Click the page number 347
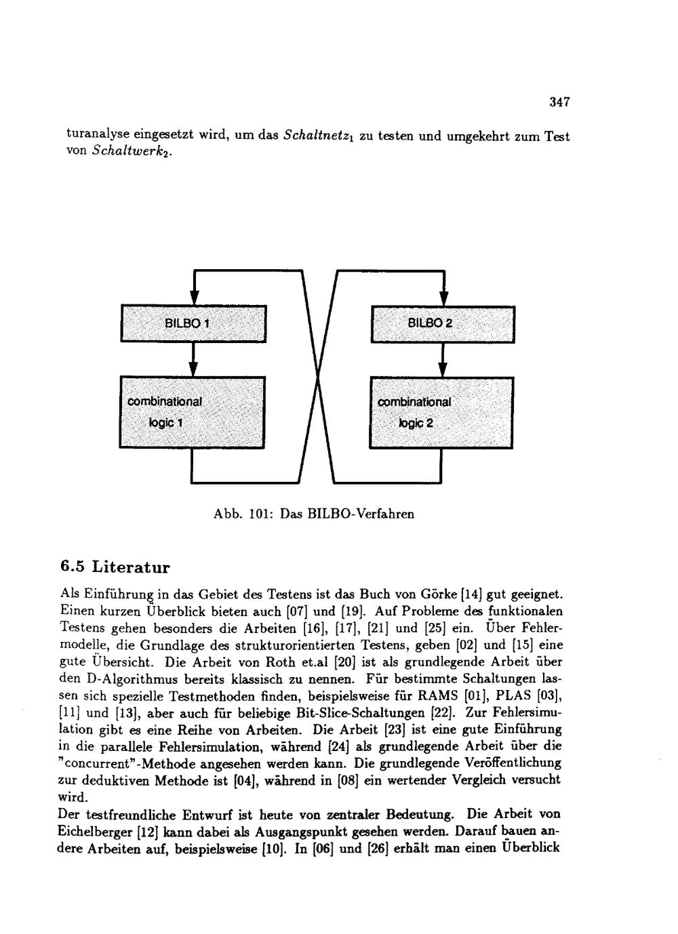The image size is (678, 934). pyautogui.click(x=559, y=102)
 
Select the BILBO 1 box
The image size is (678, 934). pyautogui.click(x=193, y=324)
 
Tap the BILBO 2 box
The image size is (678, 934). pyautogui.click(x=442, y=324)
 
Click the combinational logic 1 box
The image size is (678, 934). pyautogui.click(x=193, y=411)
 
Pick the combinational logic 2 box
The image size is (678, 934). pyautogui.click(x=441, y=412)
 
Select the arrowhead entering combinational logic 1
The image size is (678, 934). pyautogui.click(x=193, y=369)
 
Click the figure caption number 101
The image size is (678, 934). pyautogui.click(x=259, y=514)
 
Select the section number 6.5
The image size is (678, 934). pyautogui.click(x=73, y=565)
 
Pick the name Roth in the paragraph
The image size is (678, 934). pyautogui.click(x=278, y=662)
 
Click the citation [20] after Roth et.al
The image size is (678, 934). pyautogui.click(x=336, y=662)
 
